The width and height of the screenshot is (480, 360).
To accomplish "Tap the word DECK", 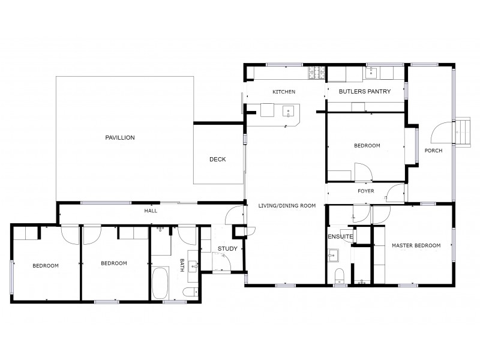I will click(217, 159).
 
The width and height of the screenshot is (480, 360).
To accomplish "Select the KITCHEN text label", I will click(284, 92).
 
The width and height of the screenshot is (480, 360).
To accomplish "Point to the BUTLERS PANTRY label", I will click(365, 92).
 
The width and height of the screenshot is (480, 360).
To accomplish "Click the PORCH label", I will click(433, 151).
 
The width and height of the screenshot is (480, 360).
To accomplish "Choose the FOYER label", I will click(366, 191).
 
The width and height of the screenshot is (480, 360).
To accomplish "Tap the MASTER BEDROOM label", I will click(416, 245).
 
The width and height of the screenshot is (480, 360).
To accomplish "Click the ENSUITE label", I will click(340, 236).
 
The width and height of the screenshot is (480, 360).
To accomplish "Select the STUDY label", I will click(227, 248).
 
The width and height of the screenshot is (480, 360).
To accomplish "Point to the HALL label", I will click(151, 212).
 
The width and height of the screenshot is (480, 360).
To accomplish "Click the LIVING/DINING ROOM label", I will click(287, 206).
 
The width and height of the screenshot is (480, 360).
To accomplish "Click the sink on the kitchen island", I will click(289, 110).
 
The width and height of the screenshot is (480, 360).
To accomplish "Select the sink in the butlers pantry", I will click(371, 73).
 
